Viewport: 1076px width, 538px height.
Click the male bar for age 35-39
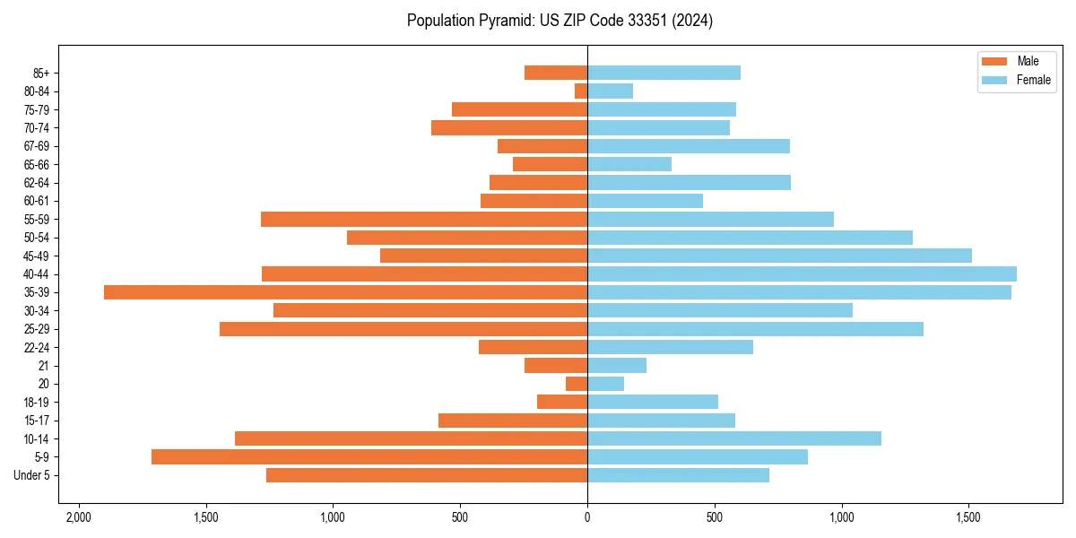point(345,292)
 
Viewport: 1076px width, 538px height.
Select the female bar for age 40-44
point(802,273)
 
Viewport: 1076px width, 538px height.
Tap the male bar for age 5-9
point(369,456)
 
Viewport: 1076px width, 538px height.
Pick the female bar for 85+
point(664,73)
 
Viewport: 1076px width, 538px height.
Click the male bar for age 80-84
point(581,91)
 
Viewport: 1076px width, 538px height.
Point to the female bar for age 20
point(605,384)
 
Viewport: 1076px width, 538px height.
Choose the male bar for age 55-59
point(424,219)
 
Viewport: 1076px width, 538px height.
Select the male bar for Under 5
point(427,475)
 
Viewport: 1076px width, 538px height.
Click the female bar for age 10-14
point(733,438)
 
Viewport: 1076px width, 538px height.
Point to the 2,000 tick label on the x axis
point(79,517)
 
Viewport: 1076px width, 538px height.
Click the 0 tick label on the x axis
point(587,517)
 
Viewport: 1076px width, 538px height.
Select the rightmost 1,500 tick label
point(968,517)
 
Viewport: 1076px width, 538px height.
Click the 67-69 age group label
point(37,146)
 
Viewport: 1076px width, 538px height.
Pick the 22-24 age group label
point(37,347)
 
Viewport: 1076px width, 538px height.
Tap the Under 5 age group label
point(32,475)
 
